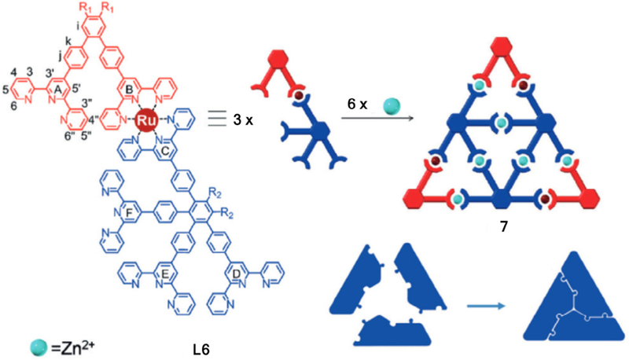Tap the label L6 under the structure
(204, 344)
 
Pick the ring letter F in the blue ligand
(128, 211)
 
